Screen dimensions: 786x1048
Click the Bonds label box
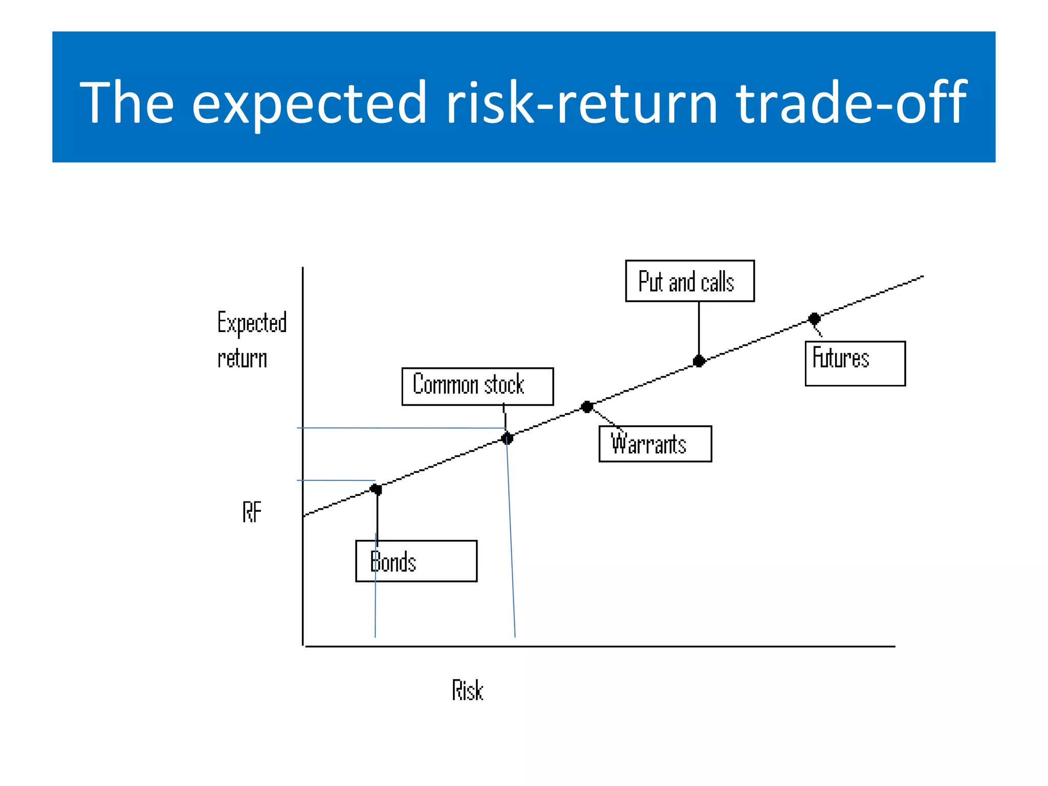[416, 561]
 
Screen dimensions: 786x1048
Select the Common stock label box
[477, 386]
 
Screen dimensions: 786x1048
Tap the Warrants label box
[654, 444]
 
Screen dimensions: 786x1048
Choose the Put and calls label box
[689, 281]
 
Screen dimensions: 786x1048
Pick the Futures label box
[855, 363]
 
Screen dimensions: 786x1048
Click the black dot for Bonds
[376, 489]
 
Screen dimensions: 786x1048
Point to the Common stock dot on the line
[507, 439]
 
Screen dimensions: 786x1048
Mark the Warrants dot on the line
[587, 407]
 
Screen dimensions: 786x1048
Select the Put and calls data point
[698, 361]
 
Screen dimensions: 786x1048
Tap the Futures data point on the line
[814, 319]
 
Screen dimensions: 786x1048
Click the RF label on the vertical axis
[252, 512]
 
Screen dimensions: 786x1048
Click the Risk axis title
[467, 690]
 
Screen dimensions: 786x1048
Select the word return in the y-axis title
[242, 358]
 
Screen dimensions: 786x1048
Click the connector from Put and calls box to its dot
[698, 330]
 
